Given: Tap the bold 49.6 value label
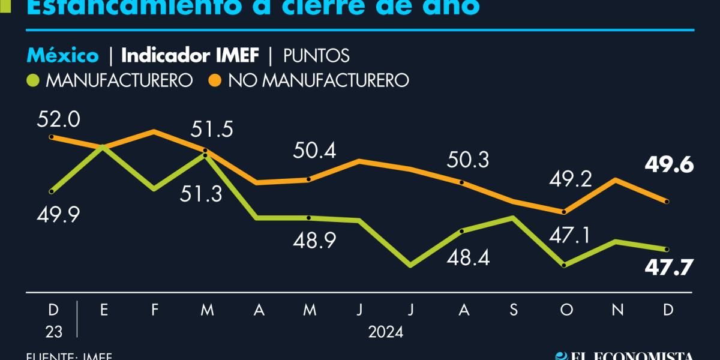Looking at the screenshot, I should [x=668, y=164].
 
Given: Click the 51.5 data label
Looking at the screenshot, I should [x=212, y=130].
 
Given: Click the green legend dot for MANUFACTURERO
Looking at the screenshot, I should [x=34, y=80].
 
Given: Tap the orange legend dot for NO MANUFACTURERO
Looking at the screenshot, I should [x=215, y=80].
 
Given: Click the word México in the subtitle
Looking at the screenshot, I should [x=62, y=56].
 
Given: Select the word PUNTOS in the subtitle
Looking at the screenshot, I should [x=316, y=56].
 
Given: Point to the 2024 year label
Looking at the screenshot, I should [x=386, y=332].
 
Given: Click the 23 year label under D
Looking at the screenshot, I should [x=53, y=332].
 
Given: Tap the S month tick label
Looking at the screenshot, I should [x=513, y=310].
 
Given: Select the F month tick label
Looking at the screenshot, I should [x=155, y=310].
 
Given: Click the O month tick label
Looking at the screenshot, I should [x=564, y=310].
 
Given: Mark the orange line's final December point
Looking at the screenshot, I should [x=667, y=201].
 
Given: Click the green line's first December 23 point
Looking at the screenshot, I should [x=52, y=191].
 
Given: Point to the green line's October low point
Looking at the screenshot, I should [x=563, y=265].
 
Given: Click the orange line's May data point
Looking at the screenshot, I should [x=308, y=179].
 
